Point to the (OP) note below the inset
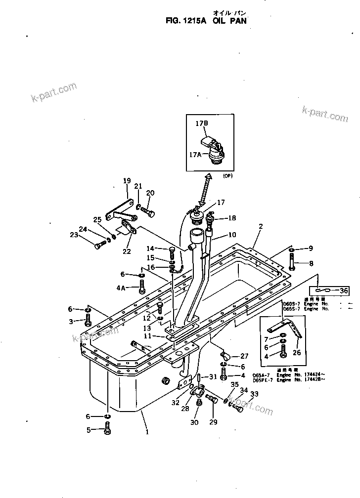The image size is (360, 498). (227, 176)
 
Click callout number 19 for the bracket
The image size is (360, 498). (127, 181)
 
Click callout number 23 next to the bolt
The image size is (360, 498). (88, 235)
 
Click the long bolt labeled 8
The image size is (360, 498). (292, 264)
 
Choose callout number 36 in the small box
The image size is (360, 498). (344, 290)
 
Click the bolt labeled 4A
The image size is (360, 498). (142, 286)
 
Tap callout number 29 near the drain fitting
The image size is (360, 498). (213, 422)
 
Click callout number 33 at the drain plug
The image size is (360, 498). (254, 394)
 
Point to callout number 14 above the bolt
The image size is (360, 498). (150, 248)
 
